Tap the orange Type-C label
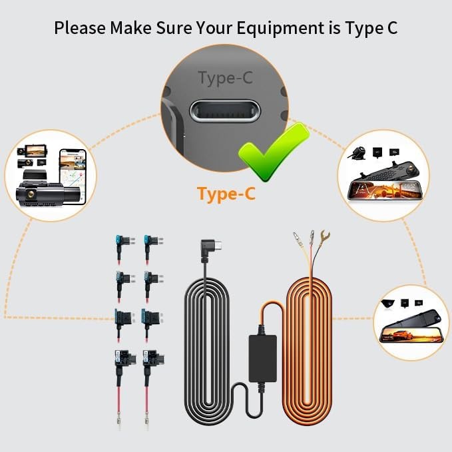tap(226, 194)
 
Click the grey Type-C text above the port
tap(226, 79)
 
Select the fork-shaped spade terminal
tap(326, 236)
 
